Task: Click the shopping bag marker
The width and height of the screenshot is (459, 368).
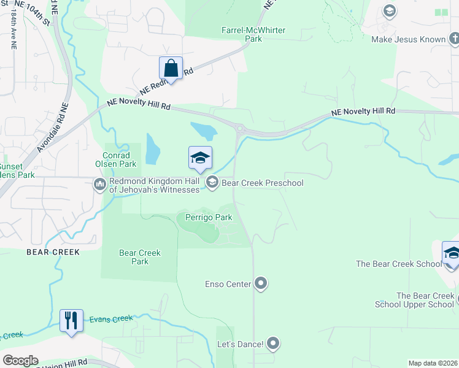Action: [x=171, y=68]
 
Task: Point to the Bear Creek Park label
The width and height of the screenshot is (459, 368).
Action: [x=140, y=257]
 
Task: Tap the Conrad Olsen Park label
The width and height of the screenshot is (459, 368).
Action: [x=115, y=159]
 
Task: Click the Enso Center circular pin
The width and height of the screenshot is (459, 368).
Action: [x=261, y=283]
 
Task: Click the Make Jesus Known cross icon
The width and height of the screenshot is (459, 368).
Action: [x=453, y=40]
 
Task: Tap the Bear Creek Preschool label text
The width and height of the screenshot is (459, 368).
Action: [x=263, y=183]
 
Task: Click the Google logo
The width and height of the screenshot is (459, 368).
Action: [x=20, y=361]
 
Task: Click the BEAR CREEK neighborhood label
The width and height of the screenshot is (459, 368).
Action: [x=53, y=252]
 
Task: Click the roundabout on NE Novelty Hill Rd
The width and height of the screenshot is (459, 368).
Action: [x=240, y=129]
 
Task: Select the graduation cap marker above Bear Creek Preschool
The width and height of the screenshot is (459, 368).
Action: [x=200, y=159]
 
